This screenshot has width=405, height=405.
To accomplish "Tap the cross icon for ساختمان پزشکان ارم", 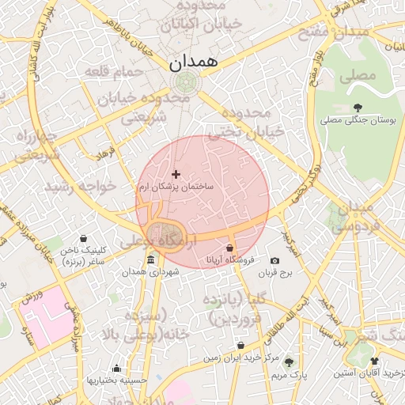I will pos(176,174).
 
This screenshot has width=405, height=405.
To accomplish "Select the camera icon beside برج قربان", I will pos(274,261).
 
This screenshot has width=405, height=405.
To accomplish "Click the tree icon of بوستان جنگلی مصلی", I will pos(358,108).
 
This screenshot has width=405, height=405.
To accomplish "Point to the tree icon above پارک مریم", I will pos(288,361).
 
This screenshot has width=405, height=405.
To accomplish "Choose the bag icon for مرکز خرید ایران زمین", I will pos(240,346).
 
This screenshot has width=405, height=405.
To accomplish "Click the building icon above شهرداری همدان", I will pos(151,260).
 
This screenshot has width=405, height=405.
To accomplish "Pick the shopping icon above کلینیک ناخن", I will pos(84,238).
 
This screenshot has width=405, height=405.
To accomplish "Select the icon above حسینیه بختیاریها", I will pos(117,368).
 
